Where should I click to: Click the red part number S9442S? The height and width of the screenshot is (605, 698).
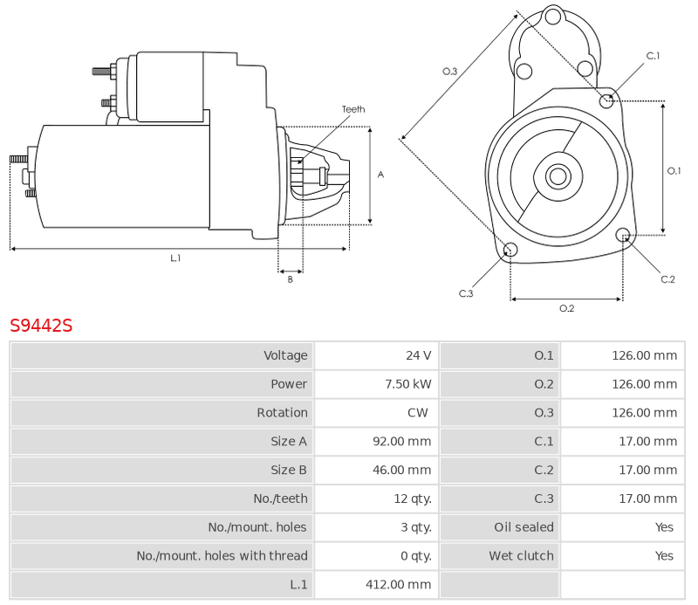click(41, 326)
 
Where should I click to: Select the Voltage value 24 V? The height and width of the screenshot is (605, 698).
click(419, 355)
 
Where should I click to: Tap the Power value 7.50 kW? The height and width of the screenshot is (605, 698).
click(408, 384)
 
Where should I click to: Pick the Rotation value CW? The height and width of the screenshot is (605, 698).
click(418, 413)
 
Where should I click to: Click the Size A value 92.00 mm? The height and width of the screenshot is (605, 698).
click(402, 442)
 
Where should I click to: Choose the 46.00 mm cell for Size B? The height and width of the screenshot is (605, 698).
click(402, 470)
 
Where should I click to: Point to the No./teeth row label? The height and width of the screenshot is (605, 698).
click(280, 498)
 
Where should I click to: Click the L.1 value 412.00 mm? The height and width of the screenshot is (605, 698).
click(399, 585)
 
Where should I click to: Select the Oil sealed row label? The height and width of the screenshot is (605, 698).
click(524, 527)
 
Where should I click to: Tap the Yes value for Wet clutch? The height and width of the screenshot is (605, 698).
click(664, 556)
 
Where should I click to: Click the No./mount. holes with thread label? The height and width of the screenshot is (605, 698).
click(222, 556)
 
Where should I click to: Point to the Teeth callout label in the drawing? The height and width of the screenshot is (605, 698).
click(353, 109)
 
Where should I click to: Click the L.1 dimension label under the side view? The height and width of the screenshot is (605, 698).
click(175, 258)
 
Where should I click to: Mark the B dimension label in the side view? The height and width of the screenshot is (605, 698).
click(291, 279)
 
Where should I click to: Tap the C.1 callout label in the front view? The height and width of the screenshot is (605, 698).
click(653, 56)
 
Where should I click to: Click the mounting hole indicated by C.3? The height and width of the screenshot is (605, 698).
click(510, 250)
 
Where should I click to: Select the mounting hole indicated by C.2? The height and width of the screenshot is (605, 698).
click(623, 234)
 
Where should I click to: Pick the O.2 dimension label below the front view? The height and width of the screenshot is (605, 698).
click(566, 308)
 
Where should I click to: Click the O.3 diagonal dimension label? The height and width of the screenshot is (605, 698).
click(449, 72)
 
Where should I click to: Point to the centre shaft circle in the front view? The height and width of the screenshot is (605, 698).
click(558, 176)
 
